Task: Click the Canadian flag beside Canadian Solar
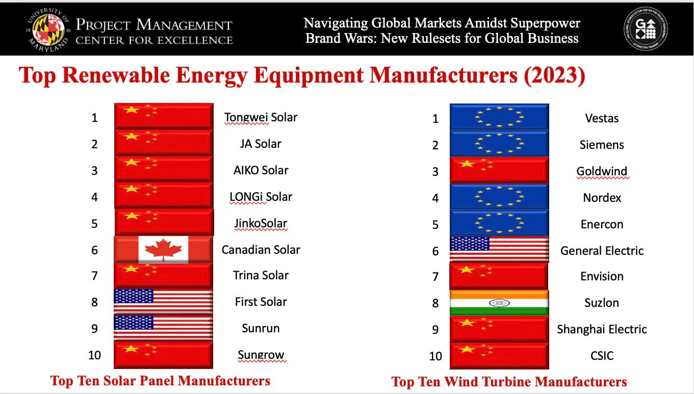click(163, 250)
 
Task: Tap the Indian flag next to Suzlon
click(499, 303)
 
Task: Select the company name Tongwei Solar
click(261, 117)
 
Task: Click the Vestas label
click(602, 118)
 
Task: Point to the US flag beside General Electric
click(499, 249)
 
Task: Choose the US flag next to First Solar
click(163, 302)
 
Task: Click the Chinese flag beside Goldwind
click(499, 170)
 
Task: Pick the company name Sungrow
click(261, 355)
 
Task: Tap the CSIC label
click(602, 356)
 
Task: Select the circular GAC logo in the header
click(646, 29)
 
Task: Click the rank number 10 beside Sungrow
click(94, 355)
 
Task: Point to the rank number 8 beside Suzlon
click(435, 303)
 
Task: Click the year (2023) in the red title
click(554, 75)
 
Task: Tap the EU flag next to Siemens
click(499, 143)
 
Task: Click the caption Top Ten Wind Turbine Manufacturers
click(509, 382)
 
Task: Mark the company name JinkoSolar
click(261, 224)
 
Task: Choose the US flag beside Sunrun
click(163, 328)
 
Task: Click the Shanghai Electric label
click(602, 329)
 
